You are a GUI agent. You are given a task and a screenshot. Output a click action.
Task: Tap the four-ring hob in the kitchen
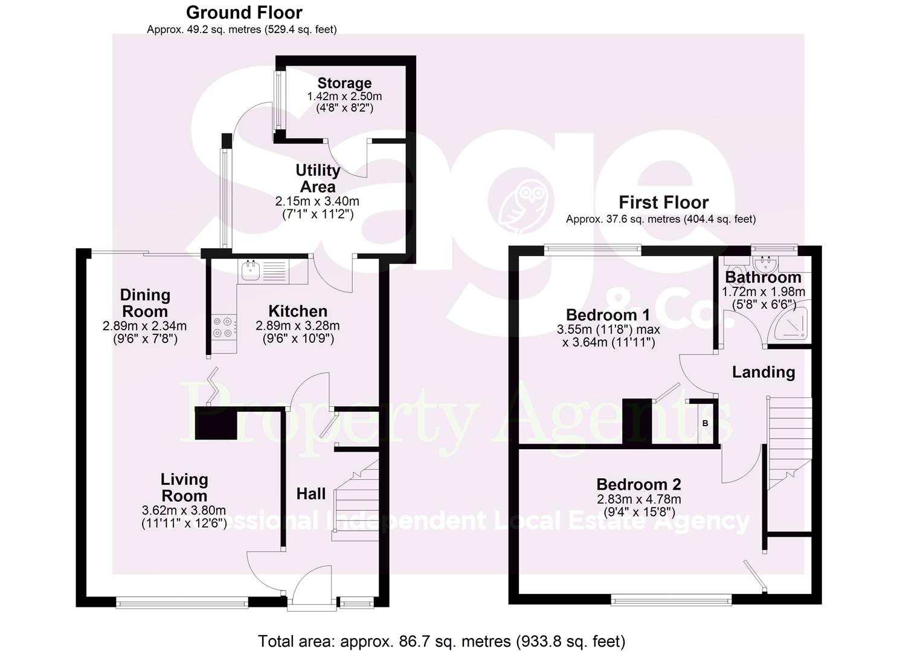pos(222,327)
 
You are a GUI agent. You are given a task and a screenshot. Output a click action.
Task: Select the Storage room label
pos(344,83)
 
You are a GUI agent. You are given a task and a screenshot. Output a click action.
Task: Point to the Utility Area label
pos(318,178)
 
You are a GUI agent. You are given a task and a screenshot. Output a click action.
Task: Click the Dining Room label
pos(145,303)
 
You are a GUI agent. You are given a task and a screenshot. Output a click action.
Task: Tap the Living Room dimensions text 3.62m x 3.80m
pos(184,510)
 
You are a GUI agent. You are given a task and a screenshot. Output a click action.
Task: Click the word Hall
pos(311,494)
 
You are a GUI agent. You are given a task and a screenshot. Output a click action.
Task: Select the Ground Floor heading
pos(244,12)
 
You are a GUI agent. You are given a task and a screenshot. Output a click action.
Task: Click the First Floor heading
pos(663,202)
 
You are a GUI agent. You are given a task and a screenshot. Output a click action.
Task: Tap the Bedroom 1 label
pos(608,315)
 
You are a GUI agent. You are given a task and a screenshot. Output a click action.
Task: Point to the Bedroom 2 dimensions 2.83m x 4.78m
pos(638,499)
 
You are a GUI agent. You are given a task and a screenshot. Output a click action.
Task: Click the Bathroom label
pos(763,277)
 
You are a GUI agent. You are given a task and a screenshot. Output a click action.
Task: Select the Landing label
pos(763,372)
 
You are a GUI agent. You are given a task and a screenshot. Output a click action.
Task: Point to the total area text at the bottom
pos(442,641)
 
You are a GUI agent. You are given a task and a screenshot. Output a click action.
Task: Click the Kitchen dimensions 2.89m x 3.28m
pos(297,325)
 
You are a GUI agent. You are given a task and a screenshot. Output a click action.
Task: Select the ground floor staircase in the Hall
pos(356,501)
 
